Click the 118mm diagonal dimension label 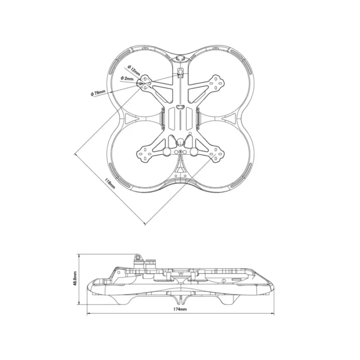(x=109, y=182)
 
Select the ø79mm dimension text (x=98, y=93)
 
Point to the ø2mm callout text (x=127, y=79)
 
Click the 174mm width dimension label (x=180, y=310)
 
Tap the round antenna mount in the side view (x=137, y=256)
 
